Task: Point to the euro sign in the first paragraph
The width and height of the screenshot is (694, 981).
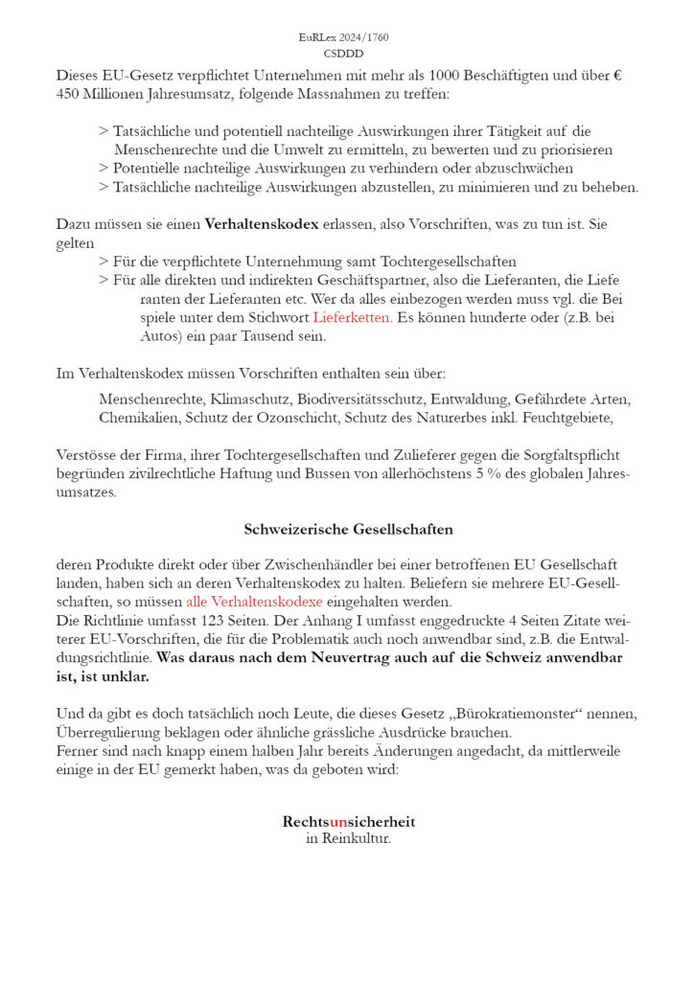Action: pos(617,75)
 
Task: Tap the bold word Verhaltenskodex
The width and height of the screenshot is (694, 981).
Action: pos(262,225)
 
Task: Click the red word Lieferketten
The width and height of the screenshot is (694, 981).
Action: pos(352,317)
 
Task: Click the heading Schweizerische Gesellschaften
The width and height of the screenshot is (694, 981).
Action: pos(349,530)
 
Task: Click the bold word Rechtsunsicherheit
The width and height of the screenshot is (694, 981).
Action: pos(349,822)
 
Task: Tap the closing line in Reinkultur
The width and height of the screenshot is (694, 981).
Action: pos(349,839)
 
